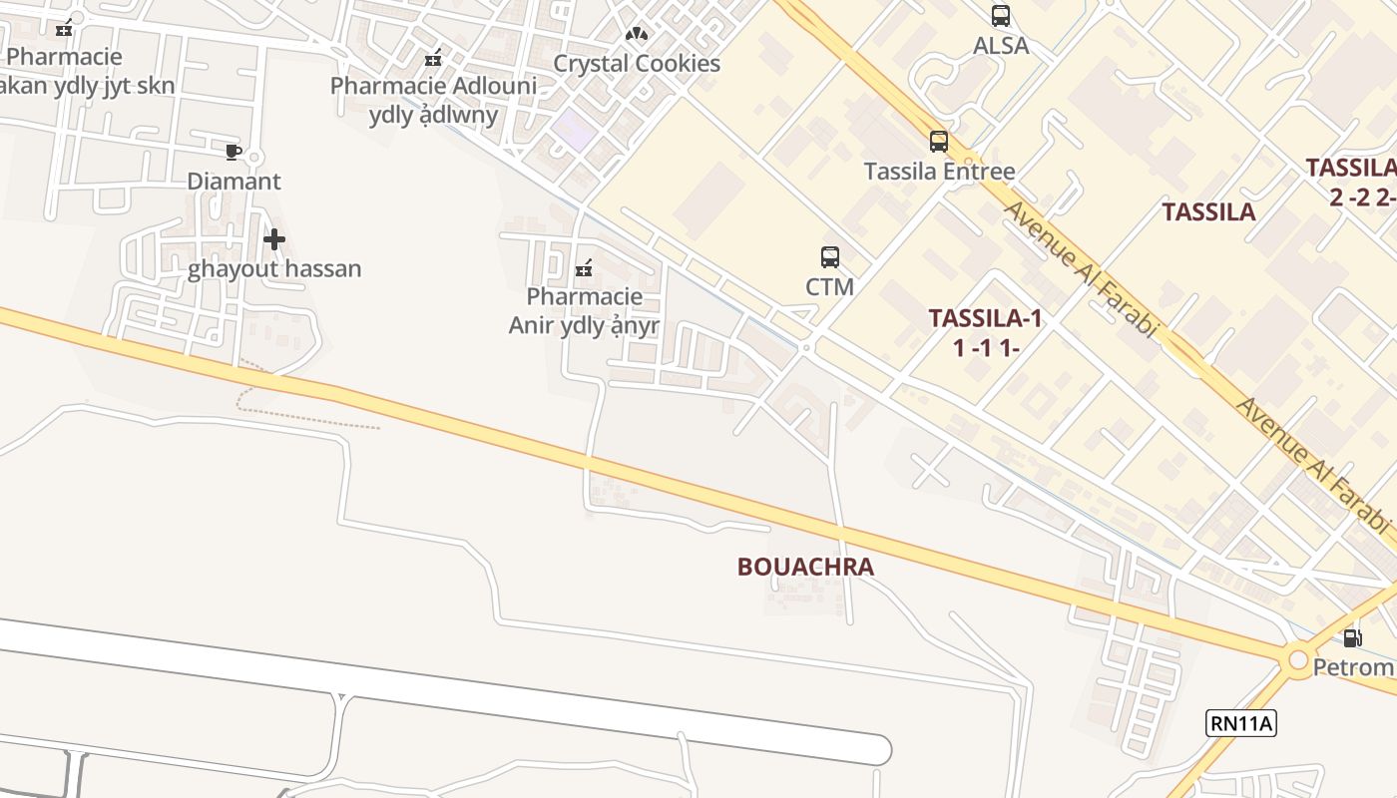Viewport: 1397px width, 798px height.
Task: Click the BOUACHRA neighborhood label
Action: pyautogui.click(x=805, y=567)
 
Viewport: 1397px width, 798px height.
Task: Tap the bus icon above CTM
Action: pyautogui.click(x=830, y=257)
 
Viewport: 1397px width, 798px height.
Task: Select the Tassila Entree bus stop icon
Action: pyautogui.click(x=939, y=142)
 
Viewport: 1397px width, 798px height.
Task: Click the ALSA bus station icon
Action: pyautogui.click(x=1001, y=16)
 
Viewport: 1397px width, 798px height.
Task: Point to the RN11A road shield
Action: pyautogui.click(x=1241, y=723)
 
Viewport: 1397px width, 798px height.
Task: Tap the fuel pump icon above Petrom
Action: pyautogui.click(x=1352, y=638)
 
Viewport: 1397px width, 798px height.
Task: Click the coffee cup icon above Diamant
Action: pyautogui.click(x=233, y=152)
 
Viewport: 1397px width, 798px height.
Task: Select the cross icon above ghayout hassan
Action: pyautogui.click(x=274, y=239)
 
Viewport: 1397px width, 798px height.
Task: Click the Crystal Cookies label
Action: pyautogui.click(x=637, y=64)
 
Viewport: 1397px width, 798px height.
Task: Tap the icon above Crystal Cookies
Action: pyautogui.click(x=637, y=34)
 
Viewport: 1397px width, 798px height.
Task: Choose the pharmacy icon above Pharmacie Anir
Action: pyautogui.click(x=584, y=267)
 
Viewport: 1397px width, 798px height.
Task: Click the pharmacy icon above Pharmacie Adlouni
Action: pyautogui.click(x=433, y=58)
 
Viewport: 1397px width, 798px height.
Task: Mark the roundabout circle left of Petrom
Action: pyautogui.click(x=1298, y=660)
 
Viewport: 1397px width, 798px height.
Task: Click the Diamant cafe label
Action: pyautogui.click(x=234, y=182)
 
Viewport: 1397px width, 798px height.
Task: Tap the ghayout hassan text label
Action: pyautogui.click(x=274, y=269)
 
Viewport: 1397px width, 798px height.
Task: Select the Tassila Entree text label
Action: pyautogui.click(x=939, y=172)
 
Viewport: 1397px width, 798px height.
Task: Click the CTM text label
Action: pyautogui.click(x=830, y=287)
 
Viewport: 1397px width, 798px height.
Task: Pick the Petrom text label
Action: pyautogui.click(x=1353, y=667)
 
